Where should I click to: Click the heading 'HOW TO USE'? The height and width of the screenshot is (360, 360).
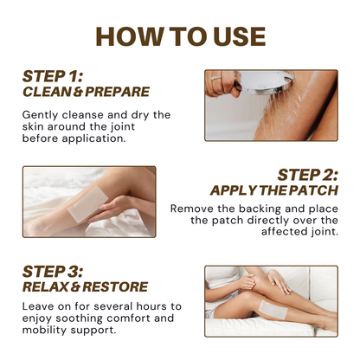tap(180, 36)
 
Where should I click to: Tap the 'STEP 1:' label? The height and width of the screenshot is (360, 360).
tap(53, 76)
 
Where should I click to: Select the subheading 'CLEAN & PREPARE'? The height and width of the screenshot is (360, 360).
tap(86, 92)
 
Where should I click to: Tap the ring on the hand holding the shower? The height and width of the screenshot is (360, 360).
tap(215, 78)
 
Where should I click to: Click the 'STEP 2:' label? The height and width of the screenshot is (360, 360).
tap(307, 175)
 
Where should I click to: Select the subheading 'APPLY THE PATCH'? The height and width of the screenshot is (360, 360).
tap(274, 190)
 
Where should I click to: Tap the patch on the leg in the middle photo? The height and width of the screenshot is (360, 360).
tap(87, 204)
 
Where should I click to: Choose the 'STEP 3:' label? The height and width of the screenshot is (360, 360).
tap(53, 272)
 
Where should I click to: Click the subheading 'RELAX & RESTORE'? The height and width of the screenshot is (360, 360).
tap(86, 286)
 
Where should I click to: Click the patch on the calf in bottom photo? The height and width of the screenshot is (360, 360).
tap(273, 309)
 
